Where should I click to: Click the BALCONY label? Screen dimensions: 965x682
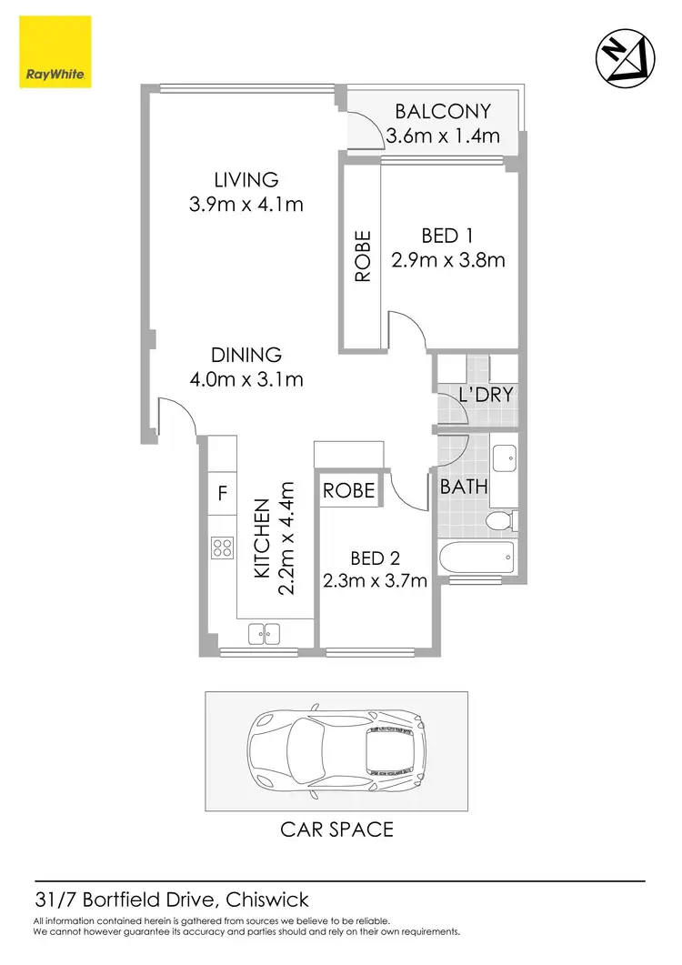pos(442,112)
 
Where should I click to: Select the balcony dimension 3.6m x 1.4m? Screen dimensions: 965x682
pos(442,137)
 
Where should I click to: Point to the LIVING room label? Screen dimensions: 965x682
pos(246,179)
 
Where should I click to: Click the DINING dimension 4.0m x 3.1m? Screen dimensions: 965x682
pos(246,379)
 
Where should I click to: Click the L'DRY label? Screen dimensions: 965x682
pos(486,396)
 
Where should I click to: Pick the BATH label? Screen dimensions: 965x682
pos(464,488)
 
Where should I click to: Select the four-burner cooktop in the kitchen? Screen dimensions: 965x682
pos(222,548)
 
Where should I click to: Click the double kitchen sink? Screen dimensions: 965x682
pos(264,632)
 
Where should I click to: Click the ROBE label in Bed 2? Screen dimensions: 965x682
pos(349,491)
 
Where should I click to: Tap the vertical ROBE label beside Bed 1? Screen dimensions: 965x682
pos(363,256)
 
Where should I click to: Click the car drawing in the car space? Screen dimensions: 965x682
pos(336,750)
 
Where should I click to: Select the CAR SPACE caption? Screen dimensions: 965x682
pos(336,829)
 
